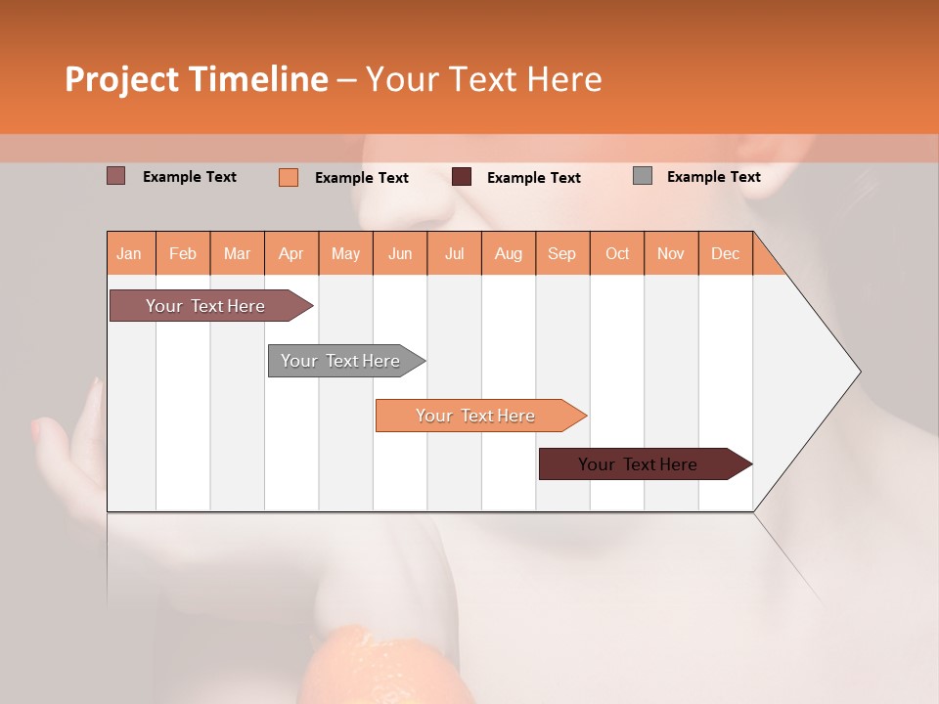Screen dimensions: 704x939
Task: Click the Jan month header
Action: [x=130, y=253]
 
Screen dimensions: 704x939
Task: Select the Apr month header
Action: [x=291, y=253]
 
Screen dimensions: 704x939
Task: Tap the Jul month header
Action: [x=454, y=253]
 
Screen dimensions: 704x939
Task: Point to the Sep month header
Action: [x=561, y=253]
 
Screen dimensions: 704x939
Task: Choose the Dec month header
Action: [x=725, y=253]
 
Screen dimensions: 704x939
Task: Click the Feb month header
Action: [x=183, y=253]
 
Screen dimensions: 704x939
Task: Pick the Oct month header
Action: [x=617, y=253]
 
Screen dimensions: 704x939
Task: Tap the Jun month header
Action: [x=400, y=253]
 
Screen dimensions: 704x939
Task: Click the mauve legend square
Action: [x=115, y=176]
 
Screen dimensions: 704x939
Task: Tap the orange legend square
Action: [x=289, y=177]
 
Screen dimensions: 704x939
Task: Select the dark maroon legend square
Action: [x=462, y=177]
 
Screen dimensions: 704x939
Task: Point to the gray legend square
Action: [x=643, y=176]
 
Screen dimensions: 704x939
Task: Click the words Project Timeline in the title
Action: [x=197, y=79]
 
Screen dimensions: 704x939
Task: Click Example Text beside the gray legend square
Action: [x=713, y=177]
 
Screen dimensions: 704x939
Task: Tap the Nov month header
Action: [x=671, y=253]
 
